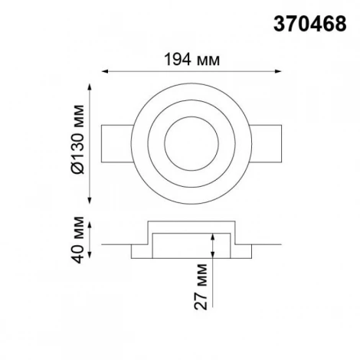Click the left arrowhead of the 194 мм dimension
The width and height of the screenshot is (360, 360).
[x=105, y=72]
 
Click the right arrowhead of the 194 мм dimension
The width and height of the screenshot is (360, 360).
[x=263, y=72]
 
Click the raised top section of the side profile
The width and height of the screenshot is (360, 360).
[x=184, y=229]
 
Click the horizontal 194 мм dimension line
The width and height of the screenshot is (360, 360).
[x=184, y=72]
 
